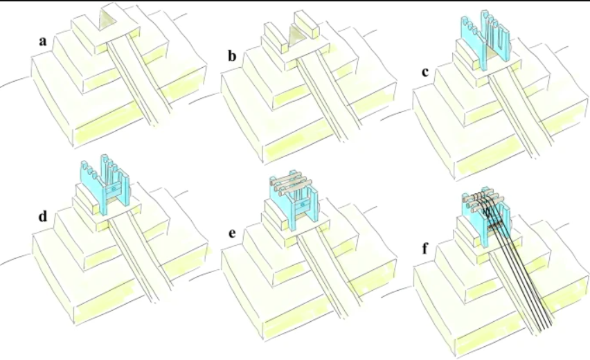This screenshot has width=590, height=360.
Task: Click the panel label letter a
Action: (43, 42)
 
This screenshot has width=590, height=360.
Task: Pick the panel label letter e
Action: (234, 233)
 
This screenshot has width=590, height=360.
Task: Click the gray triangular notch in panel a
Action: (108, 21)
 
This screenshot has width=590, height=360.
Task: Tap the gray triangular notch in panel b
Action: (297, 35)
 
